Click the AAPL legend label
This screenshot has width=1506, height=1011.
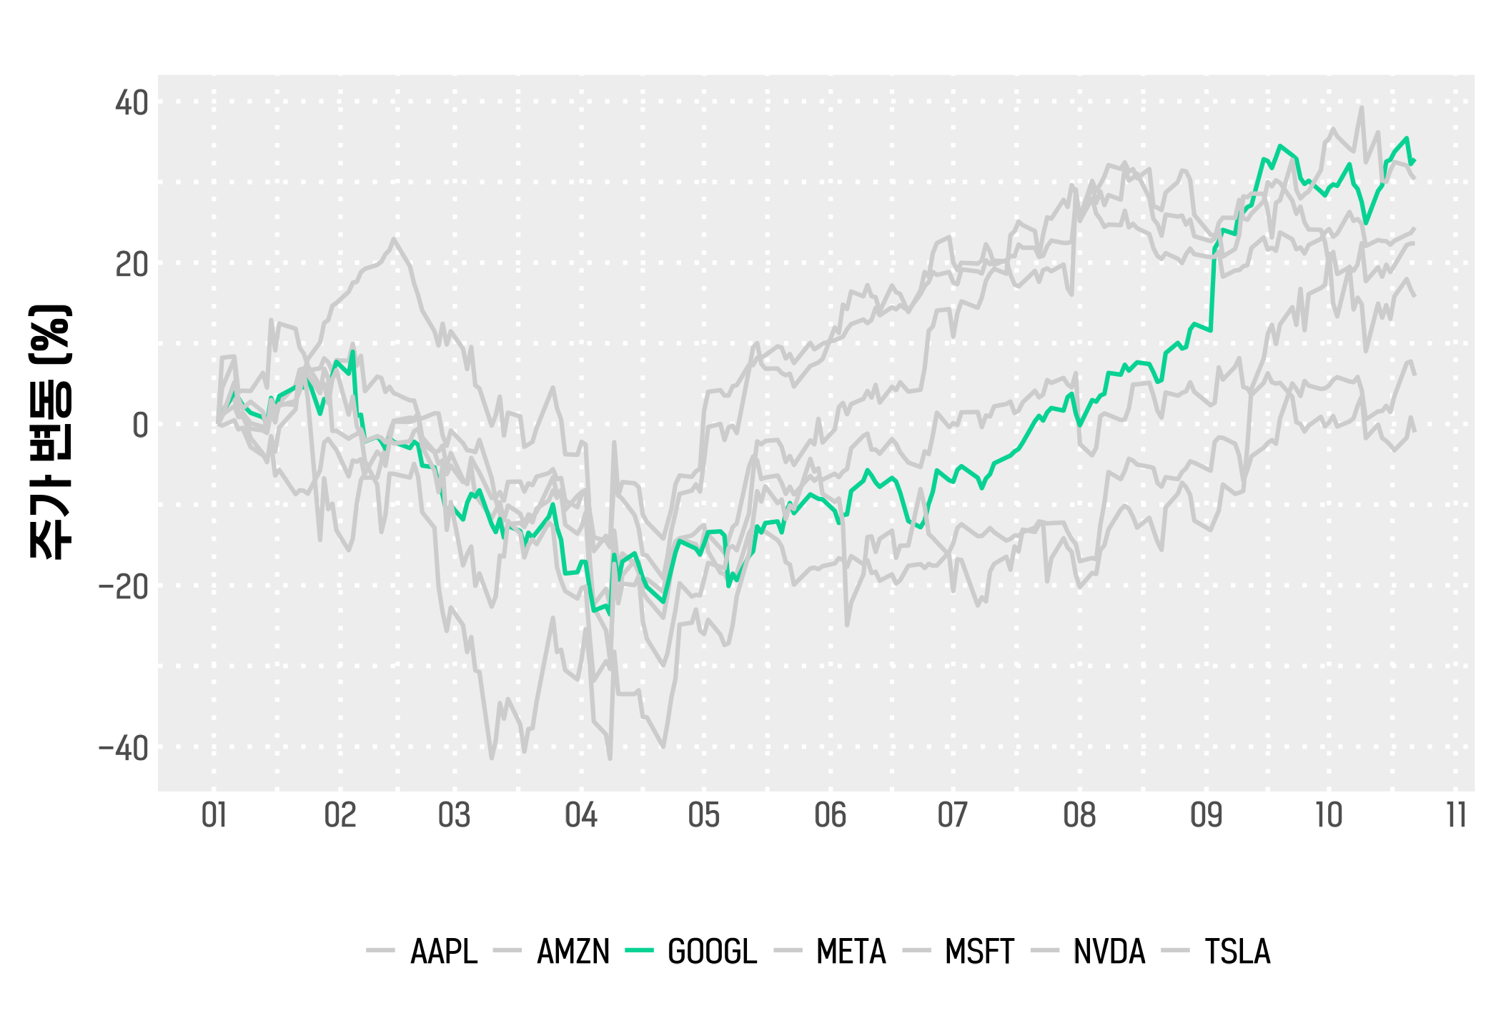tap(443, 952)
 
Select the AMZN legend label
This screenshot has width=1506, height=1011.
tap(573, 952)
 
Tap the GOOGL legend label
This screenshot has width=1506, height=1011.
tap(712, 952)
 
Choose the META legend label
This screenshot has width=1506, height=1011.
tap(851, 952)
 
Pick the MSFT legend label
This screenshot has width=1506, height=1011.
tap(979, 952)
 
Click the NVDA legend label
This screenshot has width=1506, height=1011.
tap(1109, 952)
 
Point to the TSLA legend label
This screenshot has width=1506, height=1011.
tap(1237, 952)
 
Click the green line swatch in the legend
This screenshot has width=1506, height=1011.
tap(639, 951)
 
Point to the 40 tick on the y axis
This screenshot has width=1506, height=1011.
tap(132, 103)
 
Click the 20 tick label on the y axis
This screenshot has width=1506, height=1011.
tap(132, 265)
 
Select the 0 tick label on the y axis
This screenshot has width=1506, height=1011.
tap(140, 425)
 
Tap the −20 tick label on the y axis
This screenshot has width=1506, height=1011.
tap(124, 587)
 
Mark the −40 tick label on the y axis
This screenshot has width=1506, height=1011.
tap(124, 749)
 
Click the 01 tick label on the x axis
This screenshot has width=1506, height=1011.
tap(214, 815)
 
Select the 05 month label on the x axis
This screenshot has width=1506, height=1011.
tap(704, 815)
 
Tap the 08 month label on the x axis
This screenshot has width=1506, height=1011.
tap(1079, 815)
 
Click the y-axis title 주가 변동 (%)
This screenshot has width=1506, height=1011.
tap(50, 432)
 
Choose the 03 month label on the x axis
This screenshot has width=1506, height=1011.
tap(455, 815)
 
